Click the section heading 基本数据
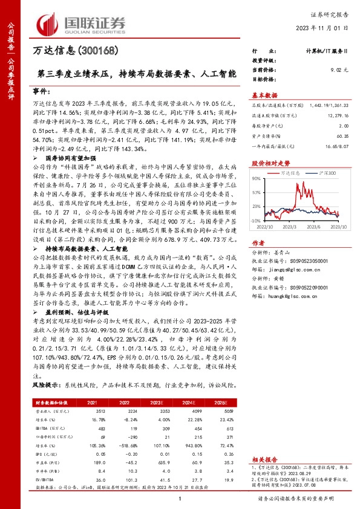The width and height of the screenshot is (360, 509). click(x=264, y=95)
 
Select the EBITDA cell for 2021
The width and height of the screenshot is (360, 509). click(x=93, y=427)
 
